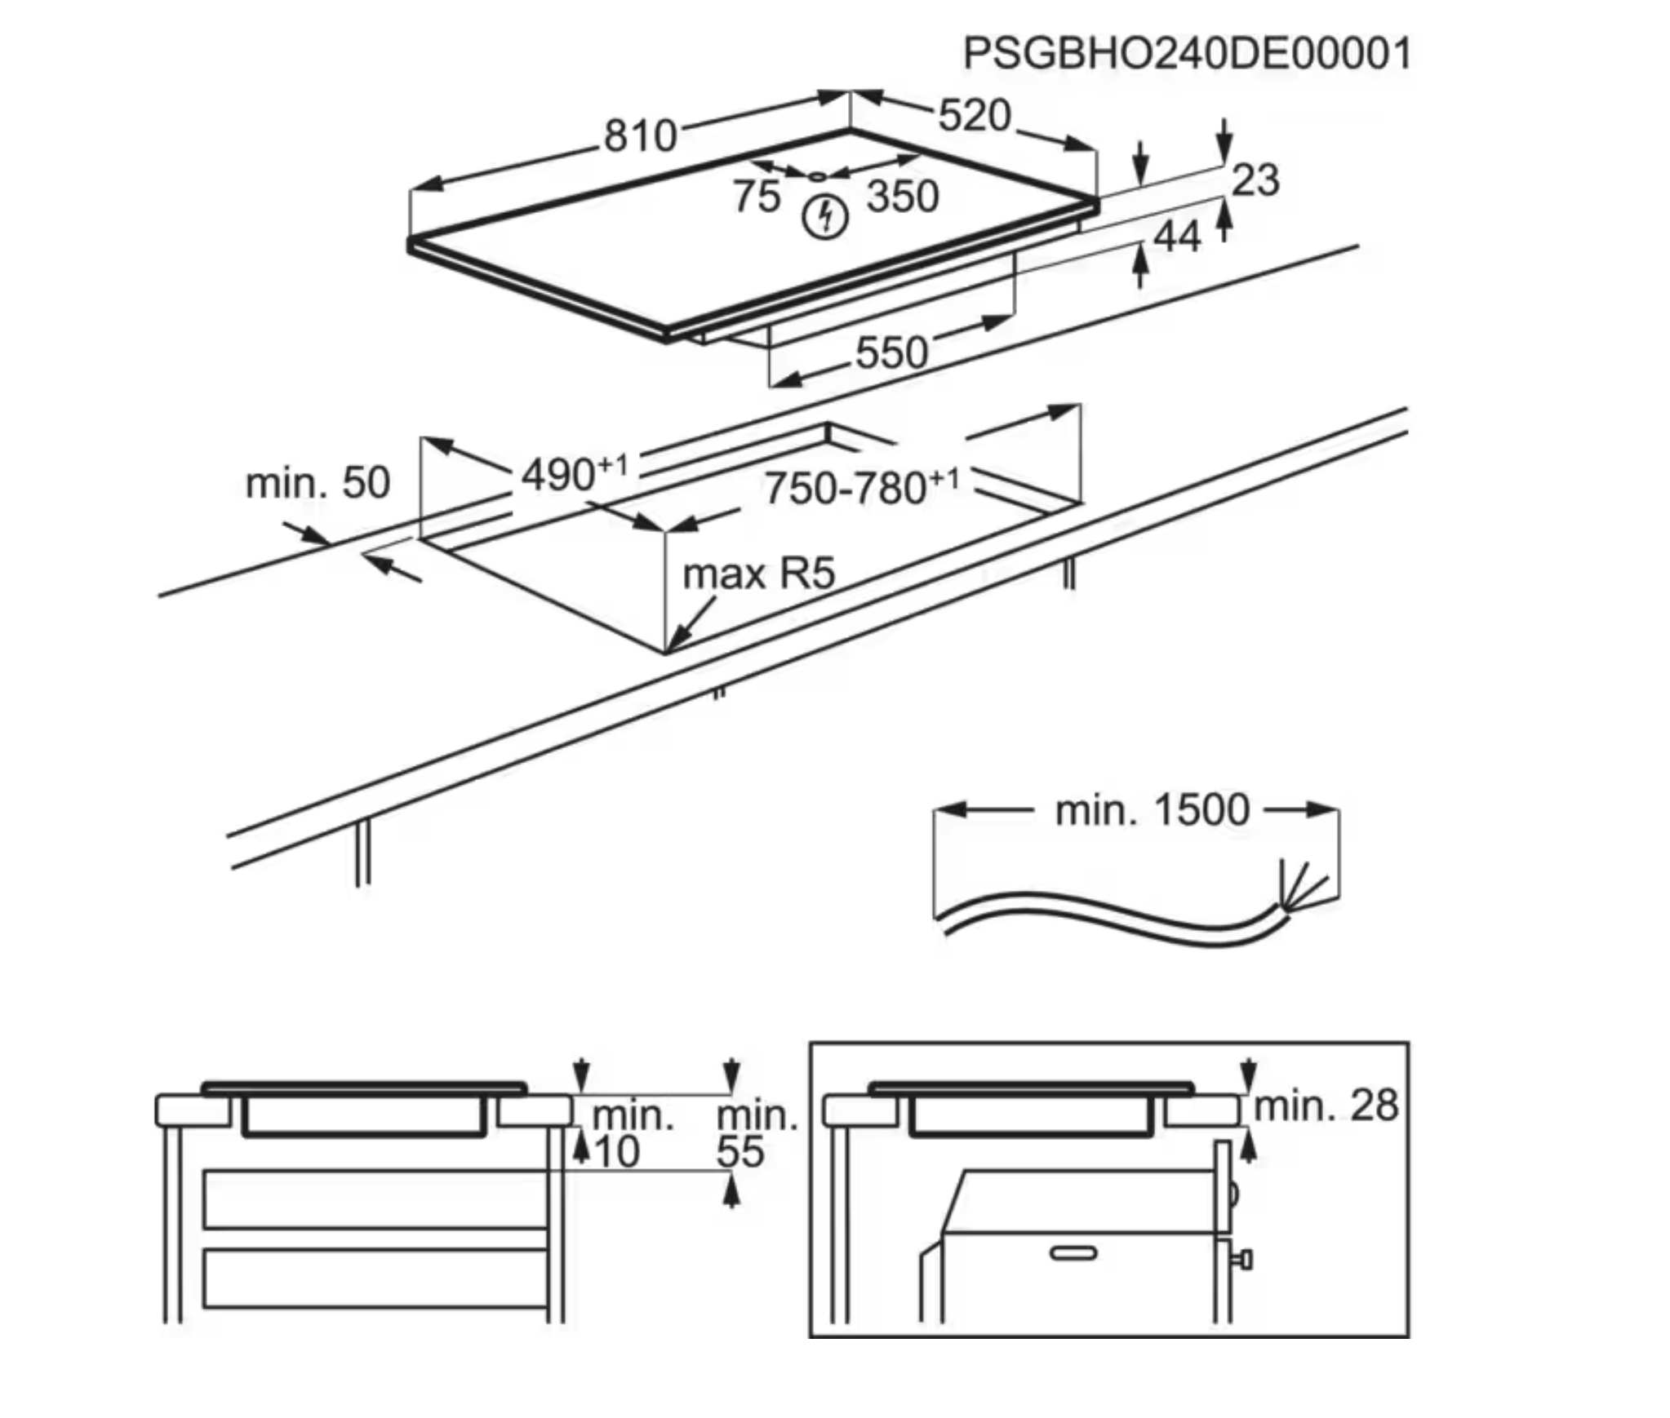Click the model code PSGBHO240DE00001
1187,54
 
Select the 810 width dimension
640,135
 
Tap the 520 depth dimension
975,116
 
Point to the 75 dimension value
756,197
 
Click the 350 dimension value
903,197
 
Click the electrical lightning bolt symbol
825,217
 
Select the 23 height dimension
1255,179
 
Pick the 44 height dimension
1177,237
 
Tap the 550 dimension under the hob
891,352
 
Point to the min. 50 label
318,483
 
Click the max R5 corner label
758,574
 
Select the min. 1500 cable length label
1152,810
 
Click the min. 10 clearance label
628,1134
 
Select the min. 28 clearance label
1326,1106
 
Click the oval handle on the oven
1074,1252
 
